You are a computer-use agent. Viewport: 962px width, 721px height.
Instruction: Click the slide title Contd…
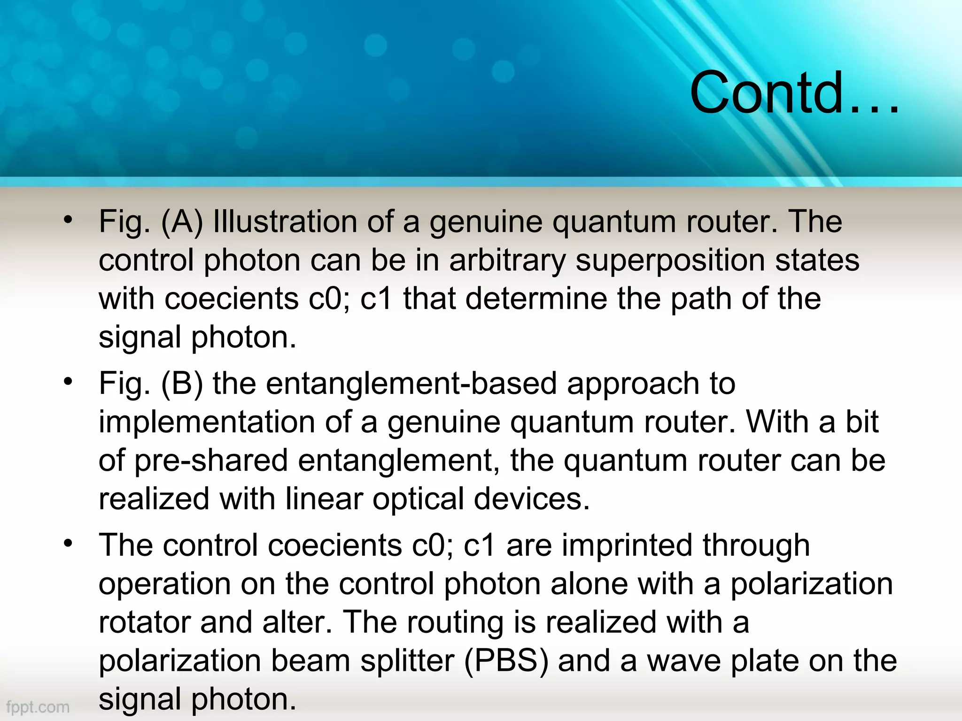point(794,93)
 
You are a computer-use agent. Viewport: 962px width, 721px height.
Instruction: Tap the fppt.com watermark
point(38,706)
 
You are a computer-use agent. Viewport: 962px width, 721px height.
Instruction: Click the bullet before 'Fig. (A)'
point(69,219)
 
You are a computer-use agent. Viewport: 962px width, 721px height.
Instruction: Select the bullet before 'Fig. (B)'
point(69,381)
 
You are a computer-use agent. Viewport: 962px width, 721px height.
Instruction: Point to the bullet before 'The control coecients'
point(69,543)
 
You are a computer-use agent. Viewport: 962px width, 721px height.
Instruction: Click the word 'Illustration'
point(285,222)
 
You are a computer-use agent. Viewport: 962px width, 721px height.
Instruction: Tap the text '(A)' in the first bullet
point(182,222)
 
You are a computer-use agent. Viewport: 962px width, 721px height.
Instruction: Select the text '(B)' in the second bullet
point(182,384)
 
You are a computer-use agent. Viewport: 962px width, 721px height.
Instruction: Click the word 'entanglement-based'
point(411,384)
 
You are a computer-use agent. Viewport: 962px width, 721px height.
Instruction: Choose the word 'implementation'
point(207,422)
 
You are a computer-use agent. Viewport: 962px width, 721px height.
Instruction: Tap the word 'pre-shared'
point(211,460)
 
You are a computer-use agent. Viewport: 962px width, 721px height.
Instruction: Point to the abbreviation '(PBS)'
point(506,661)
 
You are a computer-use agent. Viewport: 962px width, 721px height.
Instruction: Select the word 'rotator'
point(144,622)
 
